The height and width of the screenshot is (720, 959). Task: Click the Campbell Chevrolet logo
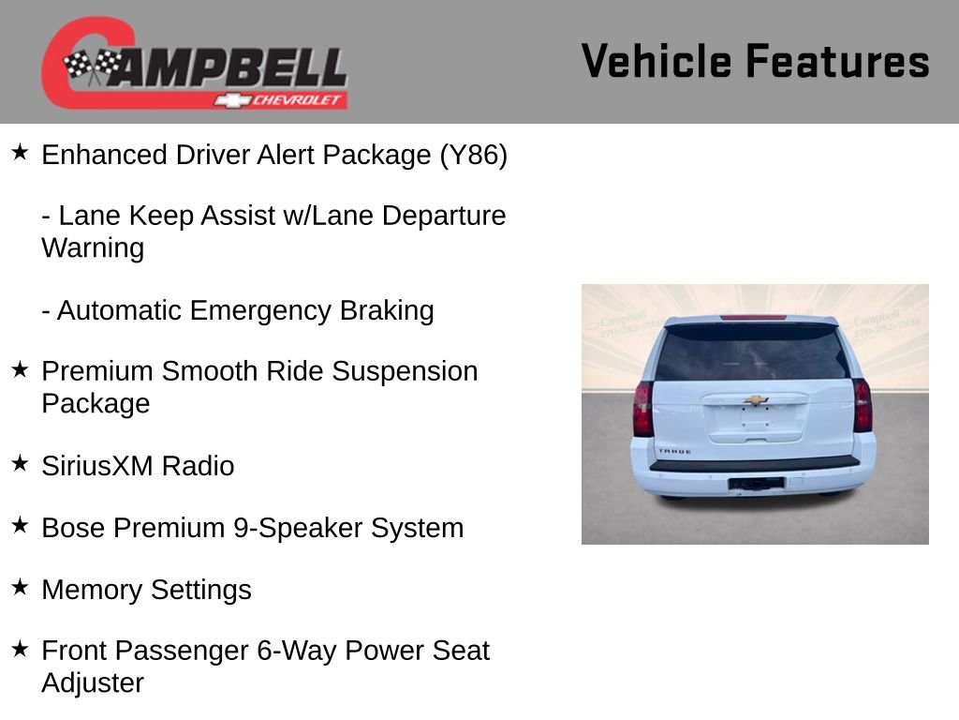click(x=194, y=63)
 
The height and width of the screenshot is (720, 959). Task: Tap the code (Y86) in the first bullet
click(x=473, y=155)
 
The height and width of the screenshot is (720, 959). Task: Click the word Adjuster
click(x=93, y=682)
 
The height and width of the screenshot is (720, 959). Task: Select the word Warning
click(x=93, y=248)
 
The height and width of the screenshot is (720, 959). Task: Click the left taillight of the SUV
click(x=642, y=409)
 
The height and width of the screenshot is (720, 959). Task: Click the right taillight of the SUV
click(x=862, y=405)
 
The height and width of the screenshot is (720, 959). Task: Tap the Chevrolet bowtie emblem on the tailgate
click(x=756, y=400)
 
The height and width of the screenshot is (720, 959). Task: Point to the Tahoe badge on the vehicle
click(x=674, y=451)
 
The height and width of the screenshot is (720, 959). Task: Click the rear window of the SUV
click(x=751, y=352)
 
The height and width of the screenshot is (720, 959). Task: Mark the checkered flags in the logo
click(x=91, y=65)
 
